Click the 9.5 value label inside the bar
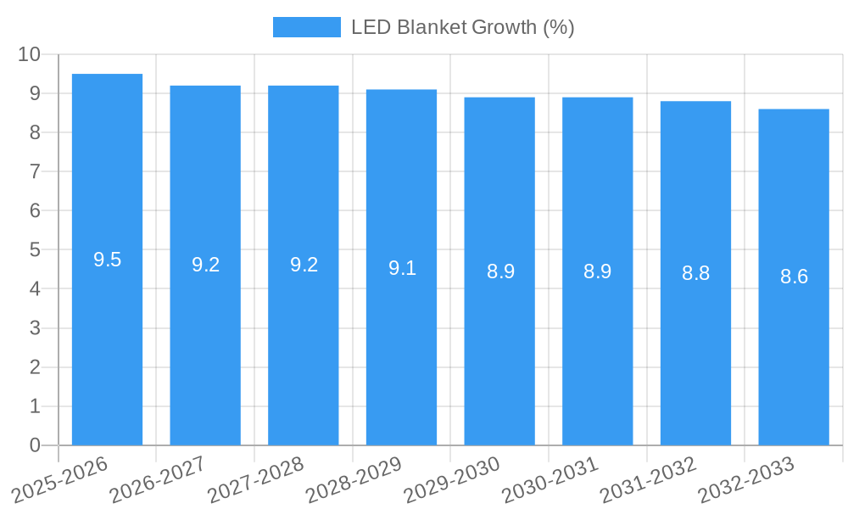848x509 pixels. pos(107,260)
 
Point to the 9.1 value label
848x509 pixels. pos(402,268)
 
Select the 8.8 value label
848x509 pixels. pos(695,273)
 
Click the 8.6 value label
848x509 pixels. pos(794,277)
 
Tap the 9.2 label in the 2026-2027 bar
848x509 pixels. pos(205,264)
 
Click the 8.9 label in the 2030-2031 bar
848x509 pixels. pos(597,271)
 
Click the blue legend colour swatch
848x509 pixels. pos(306,27)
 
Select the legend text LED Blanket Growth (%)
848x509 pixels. pos(462,27)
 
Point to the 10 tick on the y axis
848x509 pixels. pos(29,54)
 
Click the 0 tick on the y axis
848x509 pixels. pos(35,445)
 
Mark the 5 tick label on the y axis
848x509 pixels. pos(35,250)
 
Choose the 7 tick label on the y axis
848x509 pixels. pos(35,171)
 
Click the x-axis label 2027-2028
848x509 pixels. pos(255,479)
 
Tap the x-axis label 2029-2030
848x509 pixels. pos(451,479)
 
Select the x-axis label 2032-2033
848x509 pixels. pos(745,479)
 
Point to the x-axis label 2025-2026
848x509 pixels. pos(59,479)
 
